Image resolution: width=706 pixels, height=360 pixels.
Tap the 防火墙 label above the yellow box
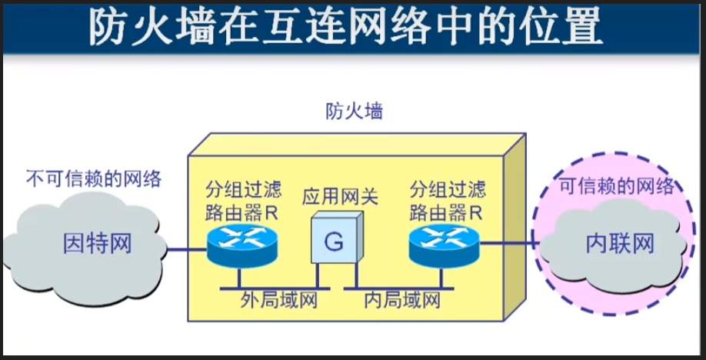tap(353, 112)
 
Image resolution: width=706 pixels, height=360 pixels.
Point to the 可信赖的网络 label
tap(616, 186)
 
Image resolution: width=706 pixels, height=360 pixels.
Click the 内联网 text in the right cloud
tap(619, 245)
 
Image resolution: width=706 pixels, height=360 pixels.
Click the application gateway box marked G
tap(335, 241)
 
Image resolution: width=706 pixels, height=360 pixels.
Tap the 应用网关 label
tap(339, 197)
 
